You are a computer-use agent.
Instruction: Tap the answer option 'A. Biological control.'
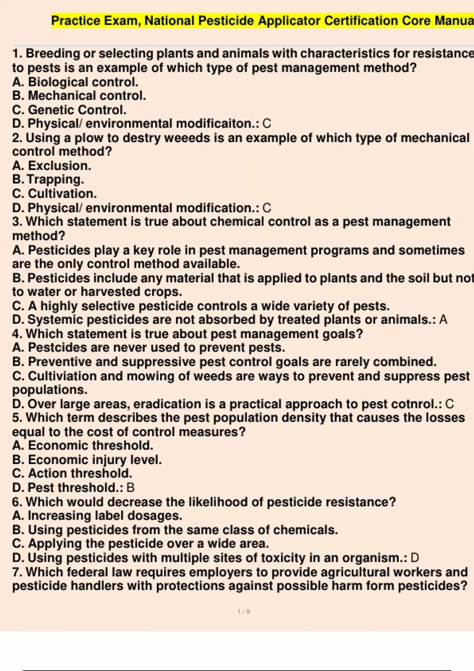point(75,82)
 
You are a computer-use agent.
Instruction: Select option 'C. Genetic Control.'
point(69,110)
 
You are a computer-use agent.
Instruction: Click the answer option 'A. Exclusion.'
point(51,166)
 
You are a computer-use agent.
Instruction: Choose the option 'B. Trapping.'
point(48,180)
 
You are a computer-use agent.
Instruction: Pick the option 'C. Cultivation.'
point(54,194)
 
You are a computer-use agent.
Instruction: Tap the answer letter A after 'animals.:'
point(443,320)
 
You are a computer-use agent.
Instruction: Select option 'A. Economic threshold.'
point(83,446)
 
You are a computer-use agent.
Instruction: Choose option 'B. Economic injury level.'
point(87,460)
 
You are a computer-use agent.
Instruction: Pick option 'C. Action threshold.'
point(72,474)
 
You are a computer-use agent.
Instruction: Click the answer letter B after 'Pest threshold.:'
point(130,488)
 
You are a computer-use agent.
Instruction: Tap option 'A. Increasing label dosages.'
point(97,516)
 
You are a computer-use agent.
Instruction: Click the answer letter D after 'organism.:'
point(415,558)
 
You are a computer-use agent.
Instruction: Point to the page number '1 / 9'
point(244,612)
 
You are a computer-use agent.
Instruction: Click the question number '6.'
point(17,502)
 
